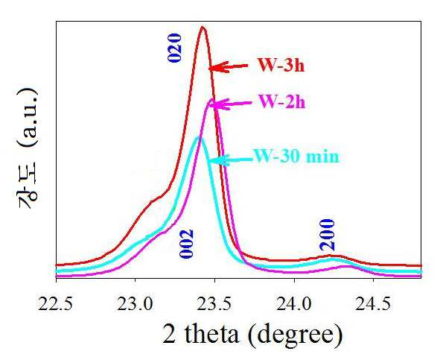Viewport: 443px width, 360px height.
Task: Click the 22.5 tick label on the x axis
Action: [55, 304]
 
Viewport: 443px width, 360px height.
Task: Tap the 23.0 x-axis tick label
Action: [135, 304]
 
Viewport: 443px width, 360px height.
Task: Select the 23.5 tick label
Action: [214, 304]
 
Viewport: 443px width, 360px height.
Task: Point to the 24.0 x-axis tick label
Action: [294, 304]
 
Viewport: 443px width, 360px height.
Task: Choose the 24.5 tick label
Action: [373, 304]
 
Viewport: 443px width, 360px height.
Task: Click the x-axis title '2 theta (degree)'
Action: [252, 335]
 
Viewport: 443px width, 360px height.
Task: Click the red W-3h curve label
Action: [281, 65]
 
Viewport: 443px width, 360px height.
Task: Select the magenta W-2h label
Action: [282, 101]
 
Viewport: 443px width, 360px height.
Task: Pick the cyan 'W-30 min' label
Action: [296, 156]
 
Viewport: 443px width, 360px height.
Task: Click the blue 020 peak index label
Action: [174, 48]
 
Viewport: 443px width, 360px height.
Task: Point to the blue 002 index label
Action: [186, 244]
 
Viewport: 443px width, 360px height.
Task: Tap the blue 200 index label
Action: [327, 235]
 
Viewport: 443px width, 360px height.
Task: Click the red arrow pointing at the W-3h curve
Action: [229, 67]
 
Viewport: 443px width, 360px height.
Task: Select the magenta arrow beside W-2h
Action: [230, 104]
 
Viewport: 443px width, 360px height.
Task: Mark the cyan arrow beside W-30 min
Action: [230, 160]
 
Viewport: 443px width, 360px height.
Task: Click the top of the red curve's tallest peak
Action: [203, 27]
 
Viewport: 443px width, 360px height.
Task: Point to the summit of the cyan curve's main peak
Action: [199, 137]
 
